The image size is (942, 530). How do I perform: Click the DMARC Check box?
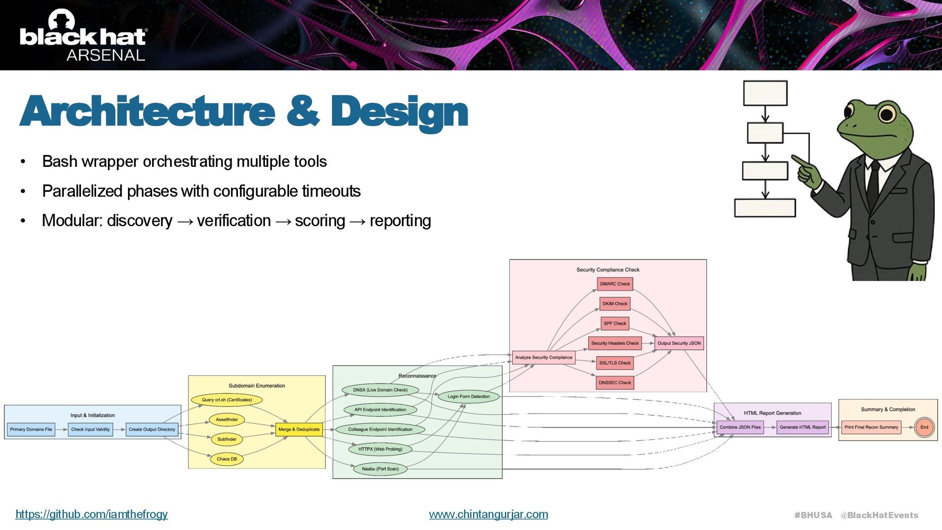tap(615, 284)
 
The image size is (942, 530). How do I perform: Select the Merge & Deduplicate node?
tap(299, 429)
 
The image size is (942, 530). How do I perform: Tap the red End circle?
tap(924, 427)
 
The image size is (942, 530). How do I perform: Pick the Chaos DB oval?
tap(227, 459)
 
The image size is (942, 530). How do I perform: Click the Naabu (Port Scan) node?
tap(380, 469)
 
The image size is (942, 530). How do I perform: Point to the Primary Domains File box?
tap(31, 429)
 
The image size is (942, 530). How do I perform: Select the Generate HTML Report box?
tap(803, 427)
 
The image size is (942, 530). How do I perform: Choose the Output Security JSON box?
tap(679, 344)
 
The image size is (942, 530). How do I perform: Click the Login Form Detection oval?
tap(469, 397)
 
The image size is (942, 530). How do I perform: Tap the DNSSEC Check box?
tap(615, 383)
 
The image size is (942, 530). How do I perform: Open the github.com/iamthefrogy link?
tap(92, 514)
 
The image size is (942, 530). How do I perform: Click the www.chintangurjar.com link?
tap(488, 514)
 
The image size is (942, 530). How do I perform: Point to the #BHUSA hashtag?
tap(813, 515)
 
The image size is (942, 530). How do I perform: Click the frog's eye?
tap(887, 114)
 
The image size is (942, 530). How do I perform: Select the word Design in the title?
tap(399, 112)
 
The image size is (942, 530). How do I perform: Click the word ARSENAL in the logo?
tap(106, 55)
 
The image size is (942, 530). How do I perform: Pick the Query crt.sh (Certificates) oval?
tap(227, 400)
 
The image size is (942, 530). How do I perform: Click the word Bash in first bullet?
tap(60, 161)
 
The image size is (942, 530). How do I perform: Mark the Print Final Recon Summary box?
tap(871, 427)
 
